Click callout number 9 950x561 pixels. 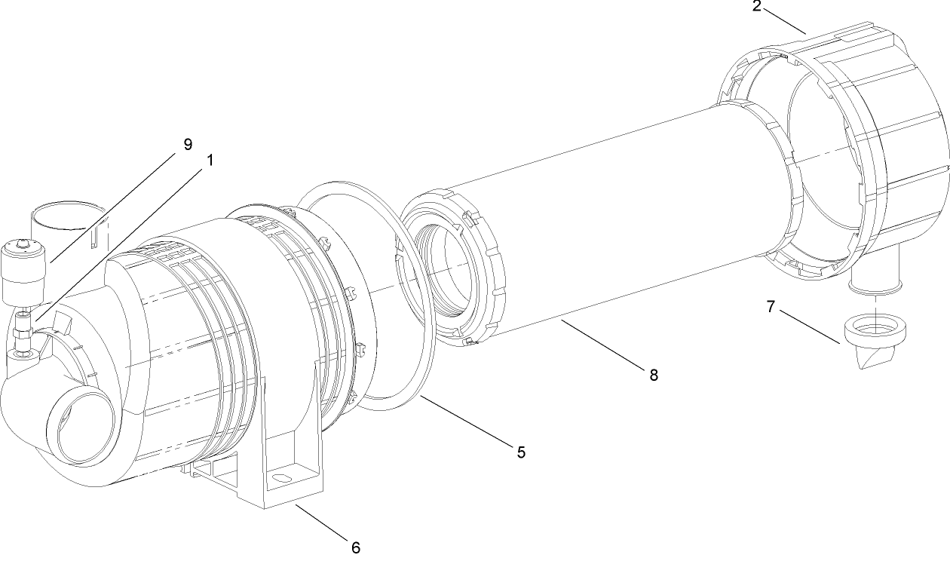188,143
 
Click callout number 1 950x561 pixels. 210,160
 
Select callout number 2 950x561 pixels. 756,7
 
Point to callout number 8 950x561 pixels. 654,374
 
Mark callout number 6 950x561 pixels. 355,547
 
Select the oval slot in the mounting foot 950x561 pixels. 281,477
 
